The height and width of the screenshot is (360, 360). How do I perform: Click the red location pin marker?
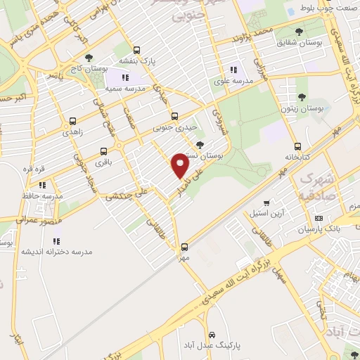coord(181,165)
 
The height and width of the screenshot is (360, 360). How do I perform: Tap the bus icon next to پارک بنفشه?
coord(136,50)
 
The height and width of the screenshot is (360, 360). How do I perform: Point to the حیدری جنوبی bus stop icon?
coord(174,117)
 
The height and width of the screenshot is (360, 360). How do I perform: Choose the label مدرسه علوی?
coord(231,82)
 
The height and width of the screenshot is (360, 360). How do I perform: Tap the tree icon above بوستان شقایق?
coord(300,32)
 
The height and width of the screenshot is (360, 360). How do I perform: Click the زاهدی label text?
coord(72,132)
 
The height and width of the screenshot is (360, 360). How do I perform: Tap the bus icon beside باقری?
coord(103,151)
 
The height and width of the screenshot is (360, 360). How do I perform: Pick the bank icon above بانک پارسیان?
coord(319,219)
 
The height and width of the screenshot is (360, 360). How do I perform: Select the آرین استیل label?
coord(266,212)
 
